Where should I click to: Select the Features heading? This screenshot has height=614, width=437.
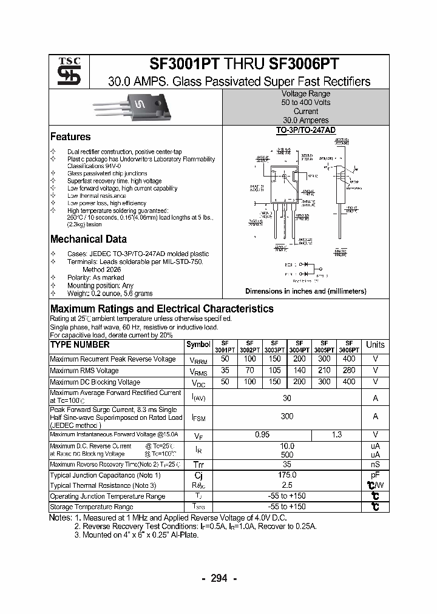[70, 137]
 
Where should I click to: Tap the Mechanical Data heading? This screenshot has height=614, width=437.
[89, 239]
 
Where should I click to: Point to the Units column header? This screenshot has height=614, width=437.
[375, 345]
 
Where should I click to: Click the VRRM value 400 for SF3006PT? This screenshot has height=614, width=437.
[349, 359]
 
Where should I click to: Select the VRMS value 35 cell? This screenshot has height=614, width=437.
[225, 371]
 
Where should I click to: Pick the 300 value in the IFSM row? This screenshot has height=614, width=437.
[287, 416]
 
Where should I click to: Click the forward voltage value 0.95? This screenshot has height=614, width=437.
[262, 434]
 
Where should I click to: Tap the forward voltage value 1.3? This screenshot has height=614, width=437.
[337, 434]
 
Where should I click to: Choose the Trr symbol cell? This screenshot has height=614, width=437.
[198, 464]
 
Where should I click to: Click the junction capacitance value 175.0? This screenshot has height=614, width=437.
[287, 475]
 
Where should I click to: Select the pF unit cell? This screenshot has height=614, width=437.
[375, 475]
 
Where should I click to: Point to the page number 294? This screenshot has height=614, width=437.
[218, 578]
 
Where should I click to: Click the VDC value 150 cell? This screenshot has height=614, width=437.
[274, 382]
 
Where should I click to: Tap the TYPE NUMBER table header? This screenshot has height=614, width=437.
[80, 345]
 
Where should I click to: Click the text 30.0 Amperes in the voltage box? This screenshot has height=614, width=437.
[305, 120]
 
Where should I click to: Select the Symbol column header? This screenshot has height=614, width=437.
[198, 345]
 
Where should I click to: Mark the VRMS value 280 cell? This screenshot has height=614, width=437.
[349, 371]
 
